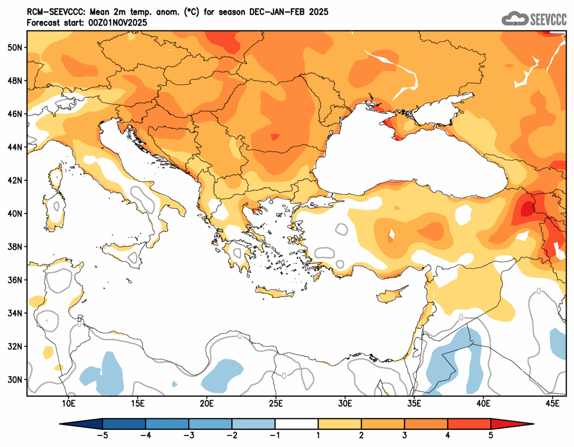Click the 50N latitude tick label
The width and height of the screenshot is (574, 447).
tap(15, 47)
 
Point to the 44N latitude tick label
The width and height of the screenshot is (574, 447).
tap(15, 147)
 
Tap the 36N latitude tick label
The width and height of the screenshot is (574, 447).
tap(15, 280)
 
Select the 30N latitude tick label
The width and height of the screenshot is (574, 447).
tap(15, 379)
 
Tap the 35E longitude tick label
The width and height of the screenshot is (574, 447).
tap(414, 404)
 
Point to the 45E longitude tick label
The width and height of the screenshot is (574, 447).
tap(553, 404)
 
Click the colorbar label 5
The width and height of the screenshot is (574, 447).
tap(491, 435)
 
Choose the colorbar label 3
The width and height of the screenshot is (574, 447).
tap(405, 435)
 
